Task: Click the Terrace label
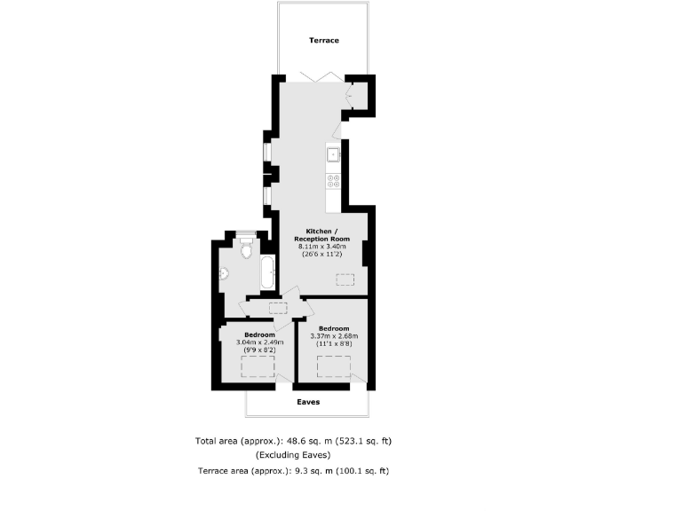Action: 324,40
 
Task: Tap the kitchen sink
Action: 334,154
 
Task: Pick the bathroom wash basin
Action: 226,274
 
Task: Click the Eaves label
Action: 307,402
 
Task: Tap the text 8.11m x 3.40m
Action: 321,248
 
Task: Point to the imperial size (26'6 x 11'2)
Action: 321,255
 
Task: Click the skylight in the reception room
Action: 347,280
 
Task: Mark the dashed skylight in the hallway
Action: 278,307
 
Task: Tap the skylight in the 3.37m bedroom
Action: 335,366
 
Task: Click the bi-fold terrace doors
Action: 316,77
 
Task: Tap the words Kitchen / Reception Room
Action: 321,235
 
